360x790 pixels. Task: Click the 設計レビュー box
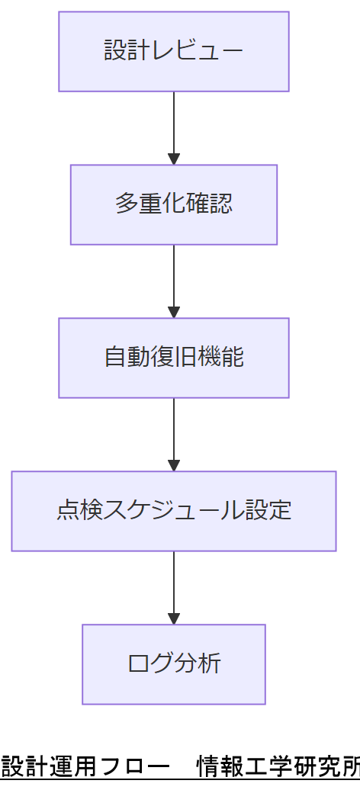point(174,51)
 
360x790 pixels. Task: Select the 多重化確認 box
point(174,204)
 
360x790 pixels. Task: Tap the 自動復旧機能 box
point(174,358)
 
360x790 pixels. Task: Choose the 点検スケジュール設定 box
point(174,511)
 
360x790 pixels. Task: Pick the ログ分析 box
point(174,664)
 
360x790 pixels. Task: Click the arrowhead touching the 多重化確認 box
point(174,159)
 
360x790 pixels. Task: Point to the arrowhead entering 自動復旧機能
point(174,313)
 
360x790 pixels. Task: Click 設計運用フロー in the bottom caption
point(85,765)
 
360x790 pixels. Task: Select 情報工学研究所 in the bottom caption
point(278,765)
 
